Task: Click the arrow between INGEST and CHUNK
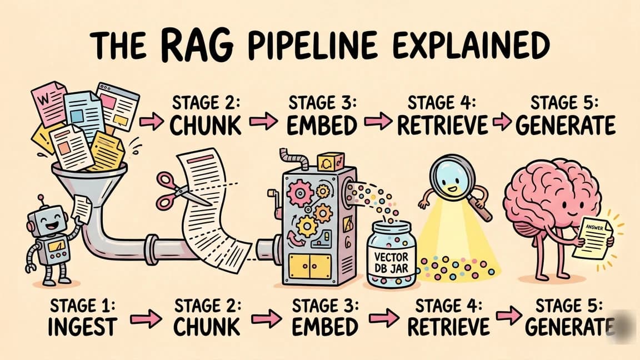click(146, 318)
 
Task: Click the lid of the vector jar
click(392, 228)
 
